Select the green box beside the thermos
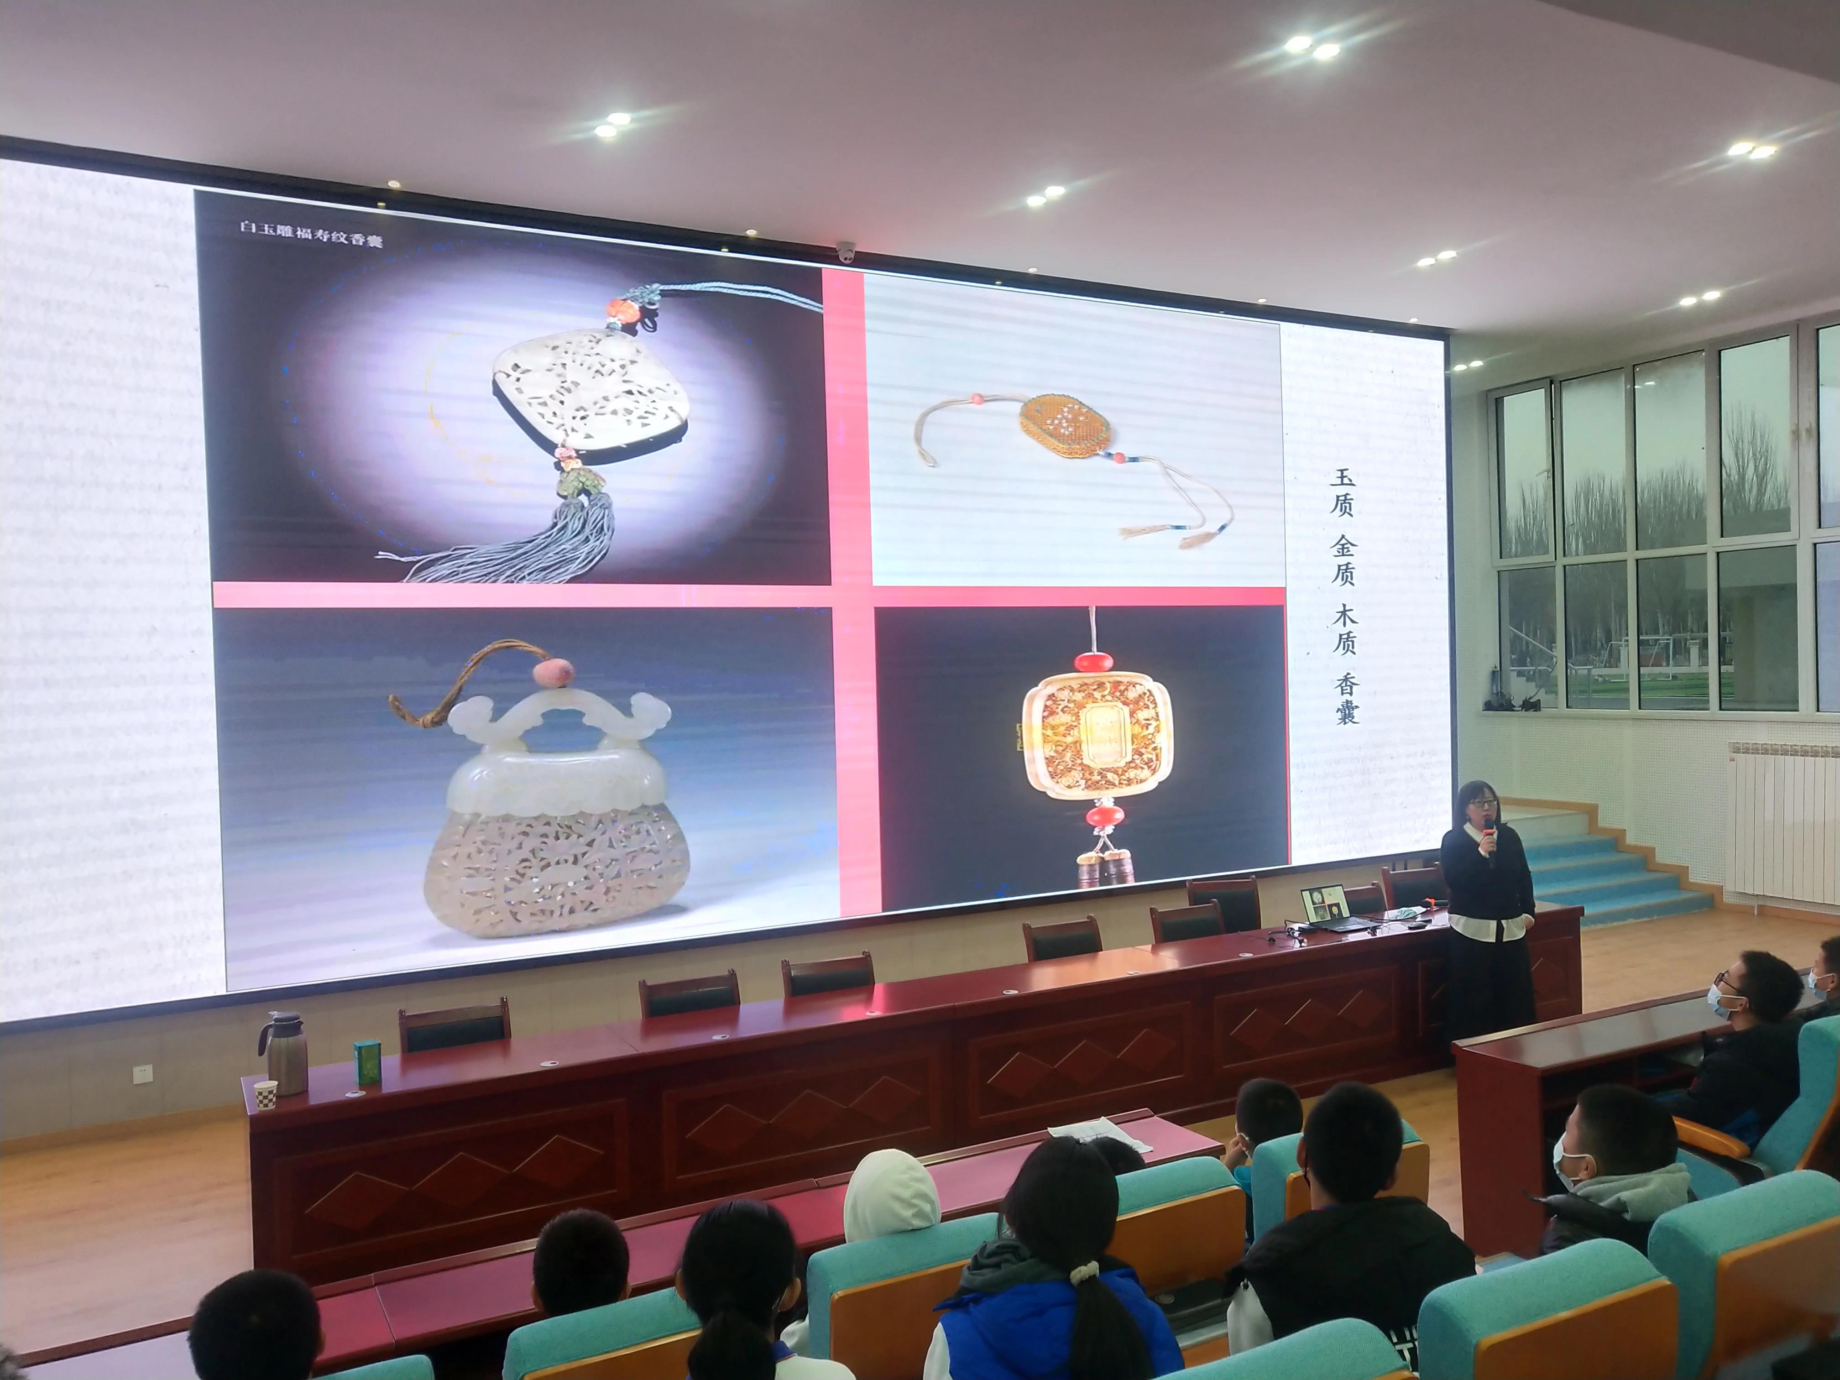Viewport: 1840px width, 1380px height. pos(366,1063)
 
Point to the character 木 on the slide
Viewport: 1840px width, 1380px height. pos(1344,616)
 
